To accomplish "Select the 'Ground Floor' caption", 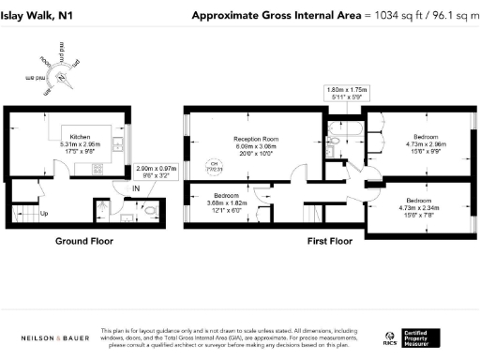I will coord(83,241).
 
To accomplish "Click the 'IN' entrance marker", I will coord(136,189).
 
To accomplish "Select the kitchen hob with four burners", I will coord(97,170).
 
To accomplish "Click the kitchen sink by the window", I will coord(116,144).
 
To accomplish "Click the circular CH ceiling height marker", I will coord(212,168).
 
